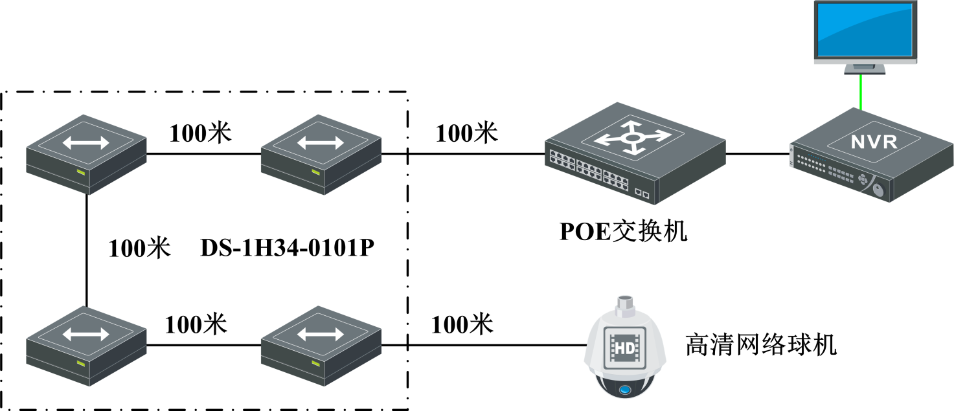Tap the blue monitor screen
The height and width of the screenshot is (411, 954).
click(x=865, y=30)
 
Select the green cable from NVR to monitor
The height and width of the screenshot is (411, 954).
click(x=861, y=91)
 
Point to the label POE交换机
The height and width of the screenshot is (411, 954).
click(x=623, y=231)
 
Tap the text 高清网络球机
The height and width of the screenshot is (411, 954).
click(x=761, y=344)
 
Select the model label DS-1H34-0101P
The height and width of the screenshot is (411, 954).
click(x=288, y=247)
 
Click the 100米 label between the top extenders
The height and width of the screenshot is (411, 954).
click(x=200, y=132)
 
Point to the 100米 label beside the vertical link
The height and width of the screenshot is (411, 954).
click(x=139, y=248)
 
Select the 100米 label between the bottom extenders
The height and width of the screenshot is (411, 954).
click(x=196, y=324)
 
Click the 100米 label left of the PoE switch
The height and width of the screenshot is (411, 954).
click(x=466, y=133)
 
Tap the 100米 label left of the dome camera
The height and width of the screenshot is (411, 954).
click(x=462, y=324)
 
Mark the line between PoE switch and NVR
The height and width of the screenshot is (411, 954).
click(x=758, y=154)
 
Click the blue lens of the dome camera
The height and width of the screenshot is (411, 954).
click(x=624, y=390)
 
